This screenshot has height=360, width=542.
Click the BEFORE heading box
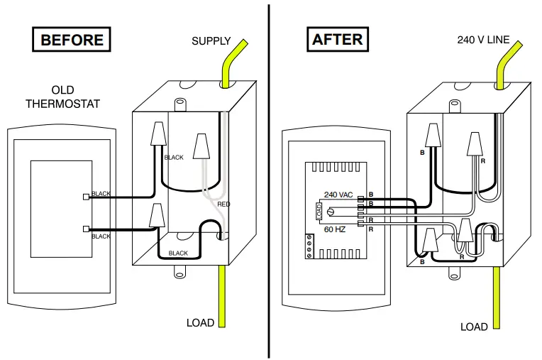pos(72,40)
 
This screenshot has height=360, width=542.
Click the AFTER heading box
pos(338,40)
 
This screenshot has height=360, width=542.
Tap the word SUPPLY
pos(211,41)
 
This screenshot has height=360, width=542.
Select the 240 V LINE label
pos(482,40)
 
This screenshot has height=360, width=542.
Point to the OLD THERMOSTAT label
pos(62,97)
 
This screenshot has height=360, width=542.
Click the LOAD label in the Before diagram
pos(200,322)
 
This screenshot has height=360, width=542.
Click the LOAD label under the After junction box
pos(474,327)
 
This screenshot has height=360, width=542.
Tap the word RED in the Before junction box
pos(223,204)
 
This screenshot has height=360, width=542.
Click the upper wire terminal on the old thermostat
pos(86,197)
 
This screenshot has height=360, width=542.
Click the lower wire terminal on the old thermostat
pos(86,229)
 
